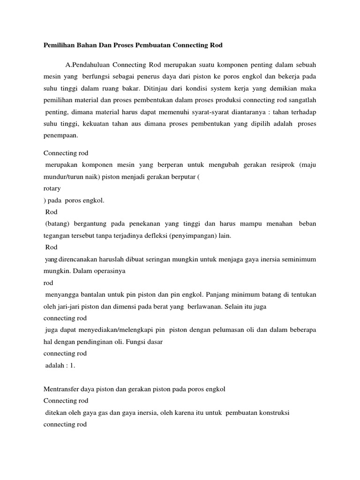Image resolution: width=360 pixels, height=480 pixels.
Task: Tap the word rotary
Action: point(52,189)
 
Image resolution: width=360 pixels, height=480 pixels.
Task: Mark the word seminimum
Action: point(298,259)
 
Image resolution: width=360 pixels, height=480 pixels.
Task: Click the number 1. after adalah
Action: point(72,366)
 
